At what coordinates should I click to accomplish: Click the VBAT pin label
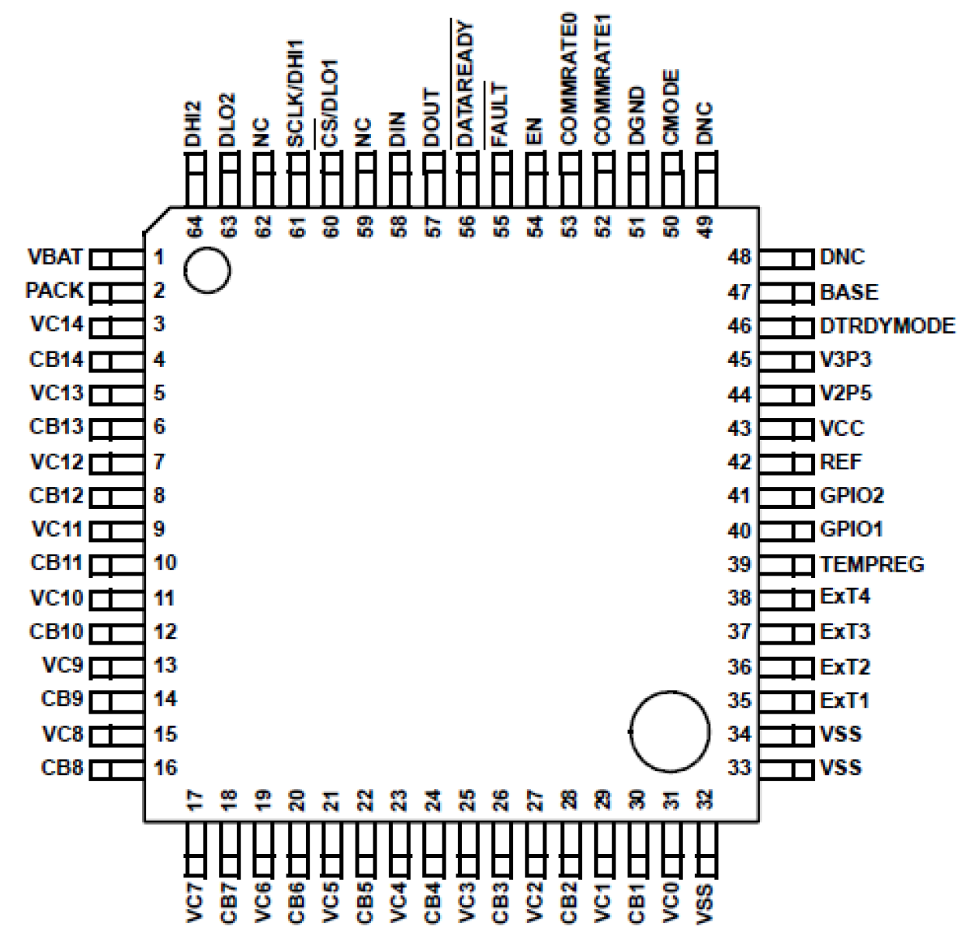coord(55,257)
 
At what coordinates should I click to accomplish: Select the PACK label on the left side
coord(54,291)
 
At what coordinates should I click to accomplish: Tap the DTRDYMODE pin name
coord(887,326)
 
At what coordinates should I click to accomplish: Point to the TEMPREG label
coord(872,564)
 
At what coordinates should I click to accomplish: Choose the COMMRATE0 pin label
coord(568,78)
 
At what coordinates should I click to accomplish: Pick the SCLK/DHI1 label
coord(296,94)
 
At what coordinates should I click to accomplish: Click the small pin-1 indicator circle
coord(207,271)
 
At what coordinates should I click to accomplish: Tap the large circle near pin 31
coord(669,732)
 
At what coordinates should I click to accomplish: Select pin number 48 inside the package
coord(739,257)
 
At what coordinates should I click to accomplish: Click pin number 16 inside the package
coord(165,768)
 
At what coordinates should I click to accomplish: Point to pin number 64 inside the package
coord(194,227)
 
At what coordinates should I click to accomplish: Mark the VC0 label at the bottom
coord(671,901)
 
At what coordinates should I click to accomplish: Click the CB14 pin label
coord(56,360)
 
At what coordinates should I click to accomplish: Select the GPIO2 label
coord(852,496)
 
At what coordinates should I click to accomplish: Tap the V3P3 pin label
coord(845,360)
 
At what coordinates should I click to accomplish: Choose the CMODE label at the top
coord(671,107)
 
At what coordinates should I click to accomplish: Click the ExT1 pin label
coord(845,700)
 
